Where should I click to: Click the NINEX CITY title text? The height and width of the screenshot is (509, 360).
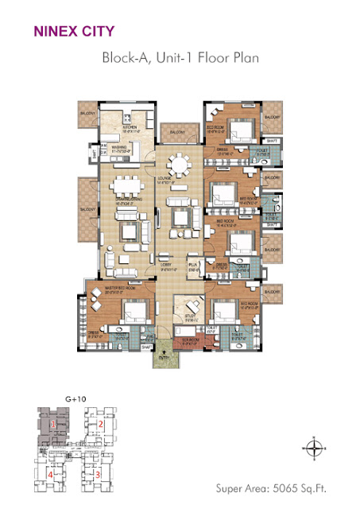(73, 33)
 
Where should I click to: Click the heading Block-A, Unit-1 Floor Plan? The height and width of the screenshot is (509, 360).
(180, 58)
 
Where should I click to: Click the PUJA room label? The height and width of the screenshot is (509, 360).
(192, 269)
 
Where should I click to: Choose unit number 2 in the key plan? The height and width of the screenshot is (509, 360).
(101, 425)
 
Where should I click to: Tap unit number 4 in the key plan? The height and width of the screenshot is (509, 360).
(51, 475)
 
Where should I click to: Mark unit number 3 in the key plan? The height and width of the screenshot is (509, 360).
(97, 475)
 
